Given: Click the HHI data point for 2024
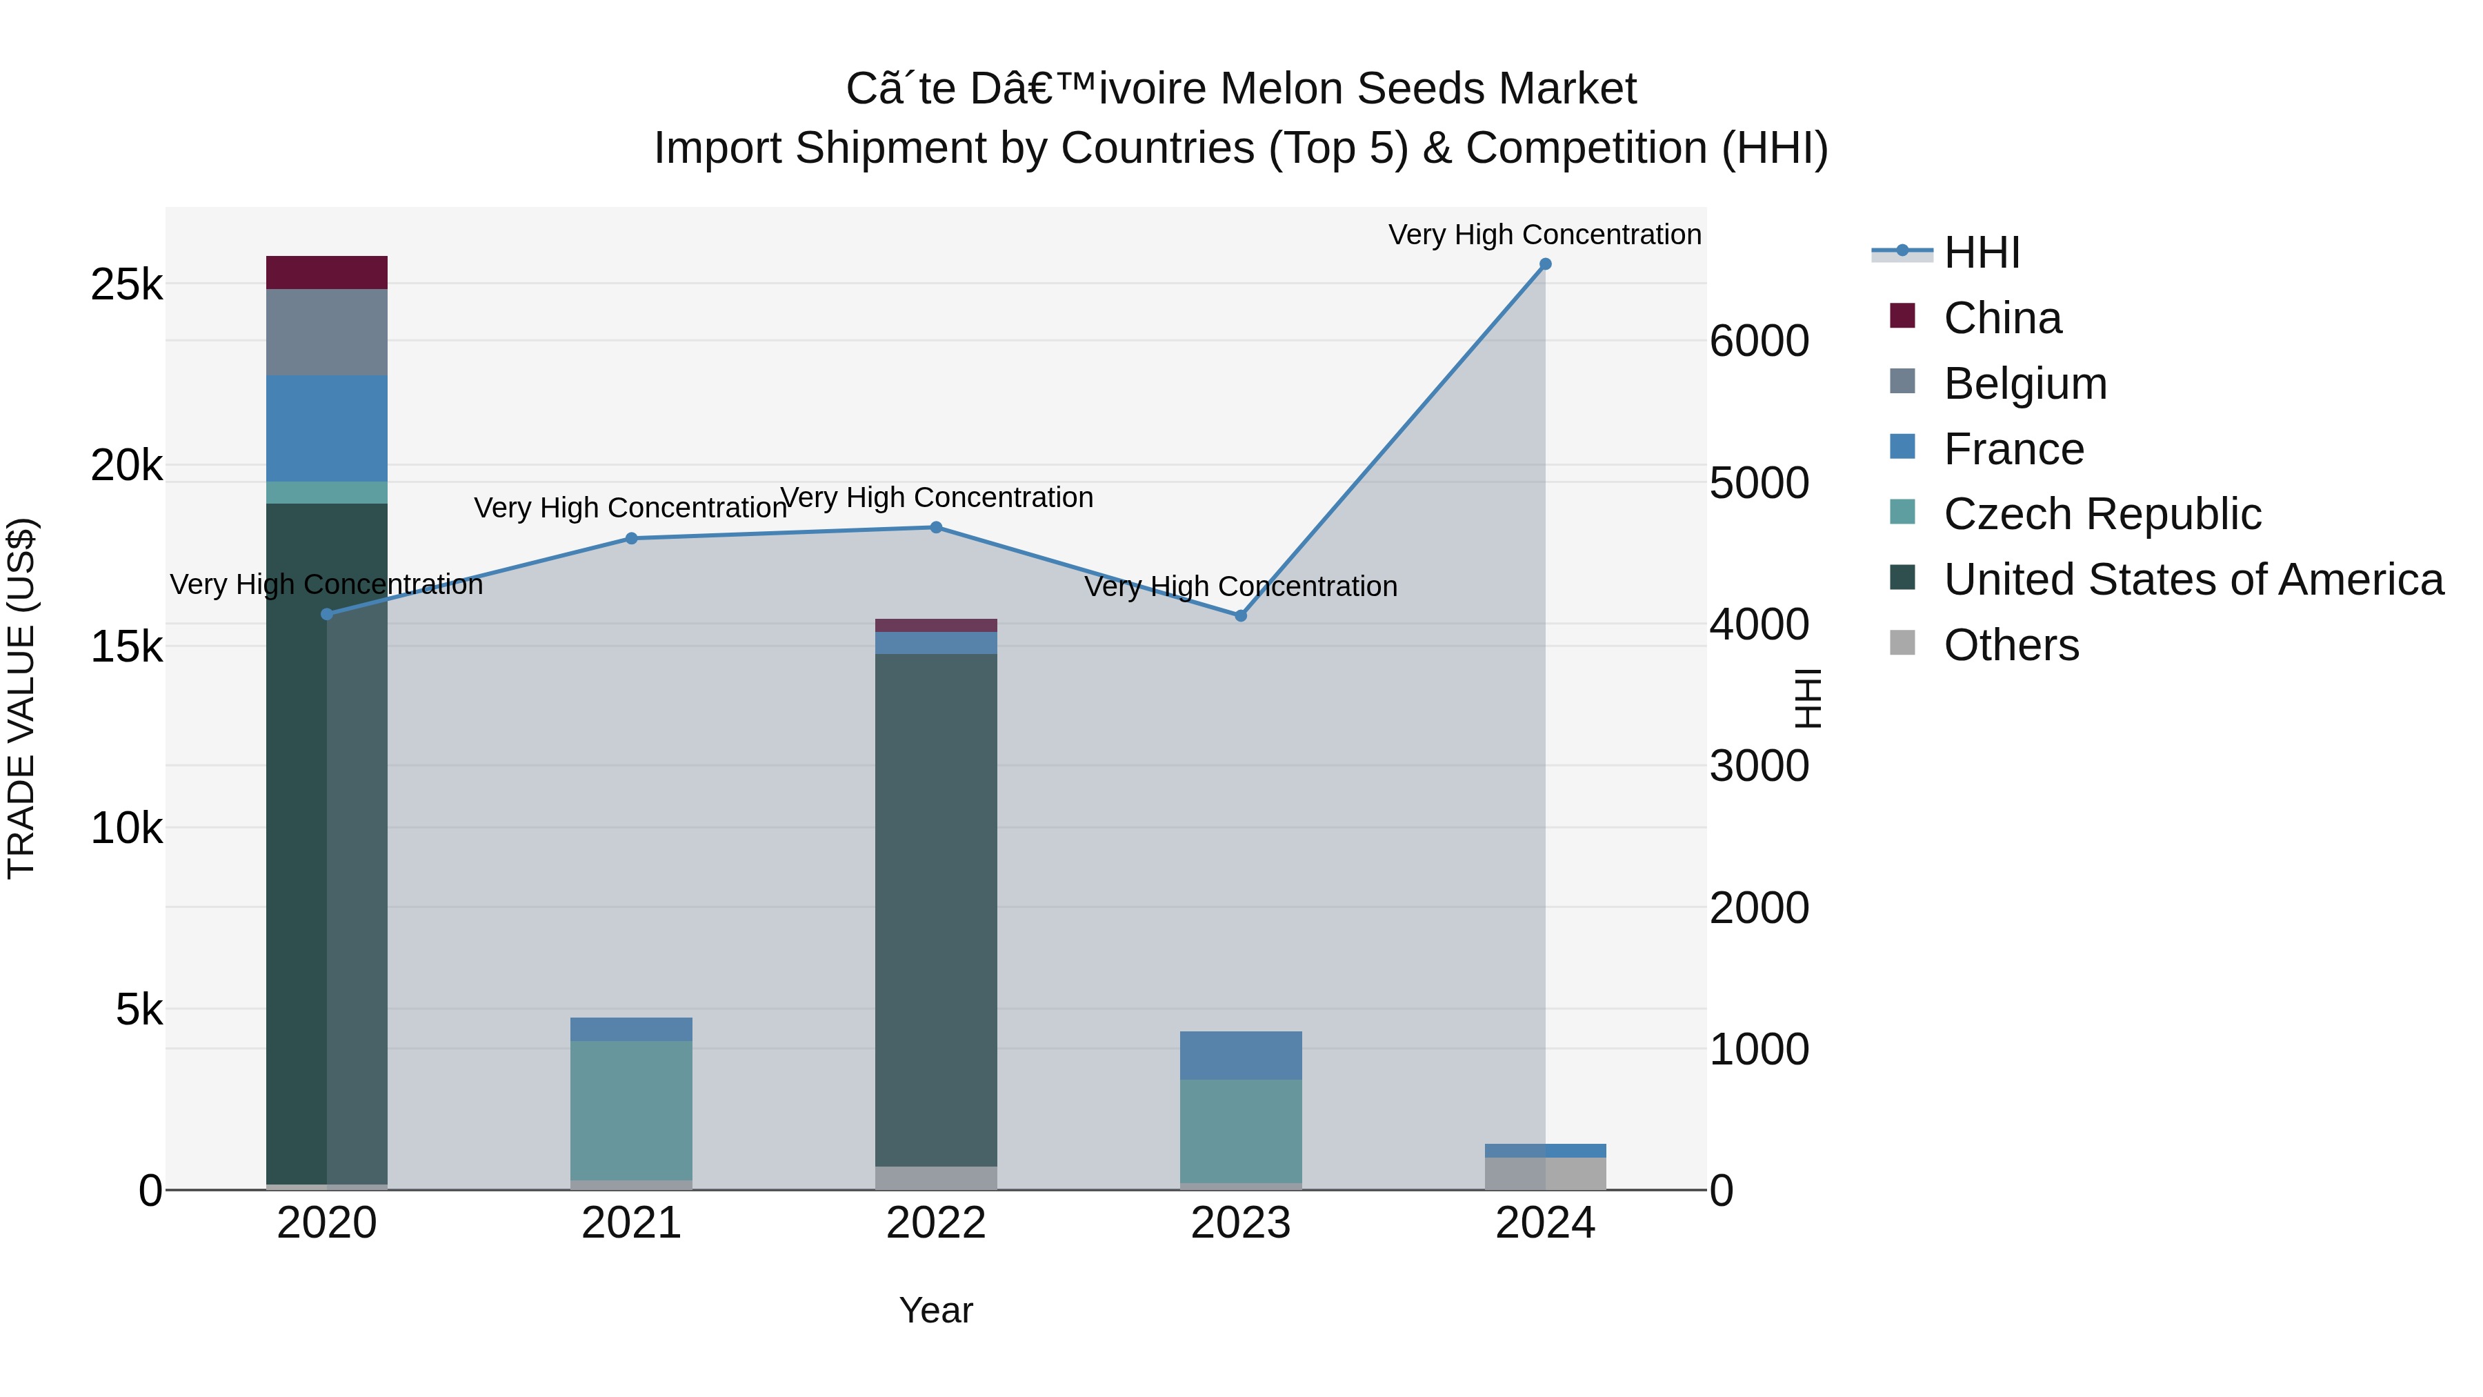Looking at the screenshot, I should click(1545, 264).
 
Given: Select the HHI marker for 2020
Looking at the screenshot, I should click(327, 614).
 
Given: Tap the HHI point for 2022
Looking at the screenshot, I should click(936, 527).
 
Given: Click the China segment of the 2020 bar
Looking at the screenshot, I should click(327, 273).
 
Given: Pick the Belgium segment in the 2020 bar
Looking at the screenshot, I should click(327, 333).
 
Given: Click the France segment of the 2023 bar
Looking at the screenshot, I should click(1241, 1056).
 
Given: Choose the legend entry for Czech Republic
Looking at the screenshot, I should click(2102, 514).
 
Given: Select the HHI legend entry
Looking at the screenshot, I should click(1981, 252).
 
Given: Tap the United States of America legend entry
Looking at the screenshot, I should click(2193, 579).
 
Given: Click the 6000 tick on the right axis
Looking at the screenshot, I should click(1759, 341).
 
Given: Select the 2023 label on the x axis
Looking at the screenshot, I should click(1241, 1223).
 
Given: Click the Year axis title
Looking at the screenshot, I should click(936, 1310).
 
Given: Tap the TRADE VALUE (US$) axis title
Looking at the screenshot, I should click(21, 698).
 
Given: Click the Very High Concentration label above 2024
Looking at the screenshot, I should click(1544, 235).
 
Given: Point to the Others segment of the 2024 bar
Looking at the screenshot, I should click(1545, 1173).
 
